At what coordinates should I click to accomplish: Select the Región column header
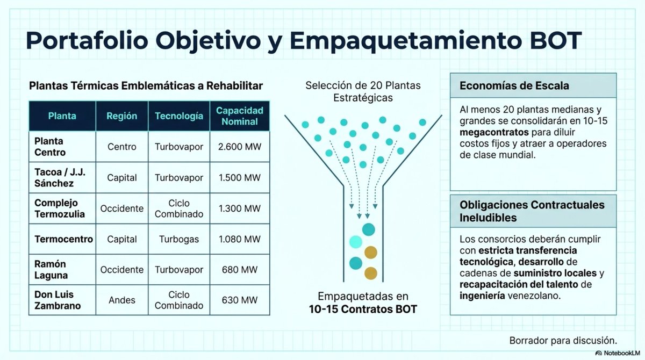[121, 116]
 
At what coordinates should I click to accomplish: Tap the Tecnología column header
[179, 116]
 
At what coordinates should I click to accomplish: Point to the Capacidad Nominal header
[239, 116]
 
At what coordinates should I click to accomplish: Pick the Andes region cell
[121, 300]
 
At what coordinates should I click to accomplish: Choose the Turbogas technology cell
[179, 239]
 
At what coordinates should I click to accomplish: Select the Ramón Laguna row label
[51, 269]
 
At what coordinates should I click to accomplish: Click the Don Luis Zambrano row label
[58, 300]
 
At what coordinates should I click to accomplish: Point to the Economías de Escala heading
[514, 86]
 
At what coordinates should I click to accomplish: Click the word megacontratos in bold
[490, 132]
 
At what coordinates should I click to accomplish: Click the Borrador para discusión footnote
[563, 340]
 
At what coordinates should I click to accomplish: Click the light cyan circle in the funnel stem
[356, 242]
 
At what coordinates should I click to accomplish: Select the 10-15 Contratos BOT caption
[363, 309]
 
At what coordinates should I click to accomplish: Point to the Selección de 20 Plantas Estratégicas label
[363, 91]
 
